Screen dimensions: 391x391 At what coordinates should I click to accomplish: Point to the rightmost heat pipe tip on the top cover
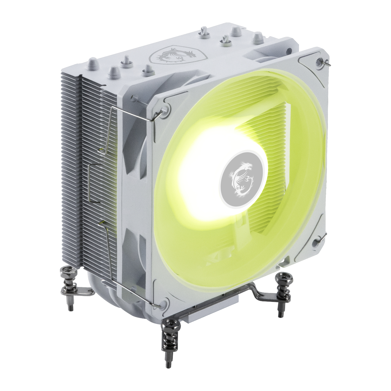click(x=258, y=36)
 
